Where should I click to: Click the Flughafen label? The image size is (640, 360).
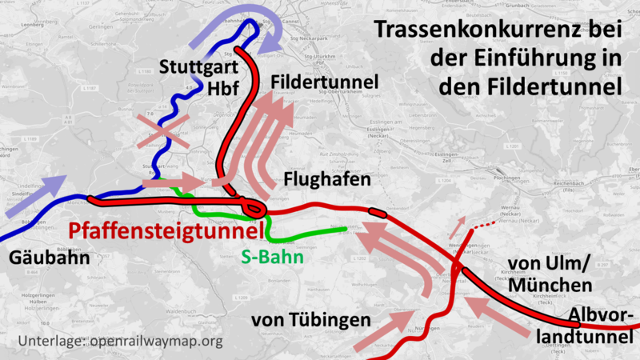click(327, 179)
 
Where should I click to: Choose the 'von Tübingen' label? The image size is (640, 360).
click(310, 320)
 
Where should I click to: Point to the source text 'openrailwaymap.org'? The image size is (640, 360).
click(156, 342)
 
